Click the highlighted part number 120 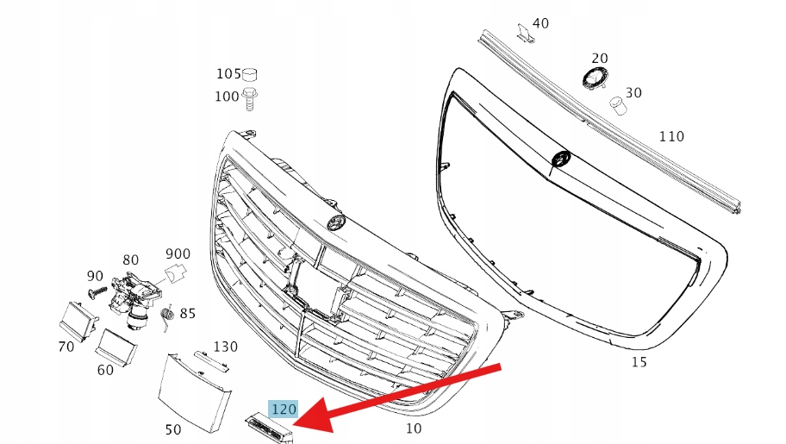tap(284, 410)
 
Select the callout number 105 tap(228, 74)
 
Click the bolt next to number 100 tap(250, 99)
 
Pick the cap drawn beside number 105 tap(250, 75)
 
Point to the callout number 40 tap(540, 23)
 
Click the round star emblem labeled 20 tap(595, 78)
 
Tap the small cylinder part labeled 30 tap(618, 106)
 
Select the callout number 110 tap(671, 136)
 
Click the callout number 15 tap(639, 362)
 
